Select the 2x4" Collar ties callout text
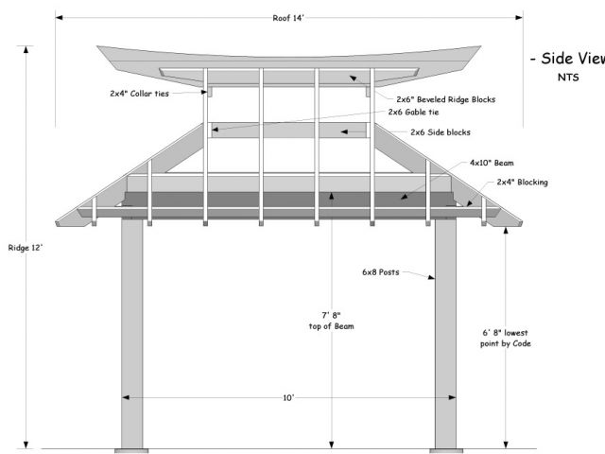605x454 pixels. [138, 94]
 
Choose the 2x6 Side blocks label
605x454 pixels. [441, 131]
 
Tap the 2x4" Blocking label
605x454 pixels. [523, 182]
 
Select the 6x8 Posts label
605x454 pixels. [382, 271]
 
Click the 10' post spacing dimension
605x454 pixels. [288, 398]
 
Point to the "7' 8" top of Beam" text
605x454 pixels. [332, 320]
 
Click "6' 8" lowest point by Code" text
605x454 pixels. [506, 338]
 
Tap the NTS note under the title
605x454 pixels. [568, 78]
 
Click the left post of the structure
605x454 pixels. [131, 331]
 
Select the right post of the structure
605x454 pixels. [446, 331]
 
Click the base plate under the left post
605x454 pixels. [131, 447]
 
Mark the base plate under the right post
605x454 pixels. [446, 447]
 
